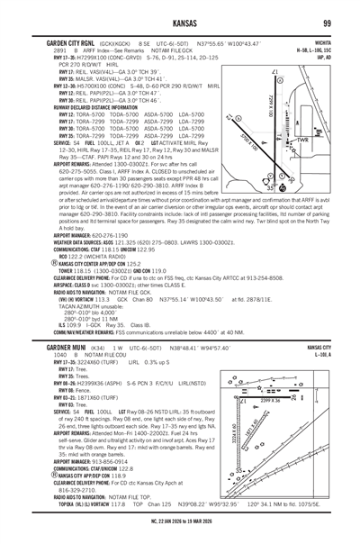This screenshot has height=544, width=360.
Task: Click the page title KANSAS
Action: pos(179,22)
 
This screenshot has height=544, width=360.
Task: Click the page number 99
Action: pos(330,22)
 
